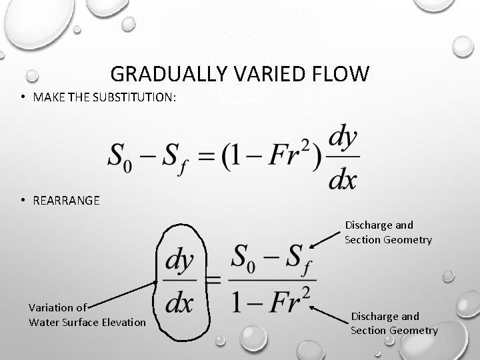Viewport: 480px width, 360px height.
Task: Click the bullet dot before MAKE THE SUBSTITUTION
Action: (x=23, y=97)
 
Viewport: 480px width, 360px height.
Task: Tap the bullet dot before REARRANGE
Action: (x=23, y=200)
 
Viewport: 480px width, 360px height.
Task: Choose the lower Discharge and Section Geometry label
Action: (x=394, y=323)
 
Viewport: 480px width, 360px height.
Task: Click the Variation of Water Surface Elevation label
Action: (x=87, y=315)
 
